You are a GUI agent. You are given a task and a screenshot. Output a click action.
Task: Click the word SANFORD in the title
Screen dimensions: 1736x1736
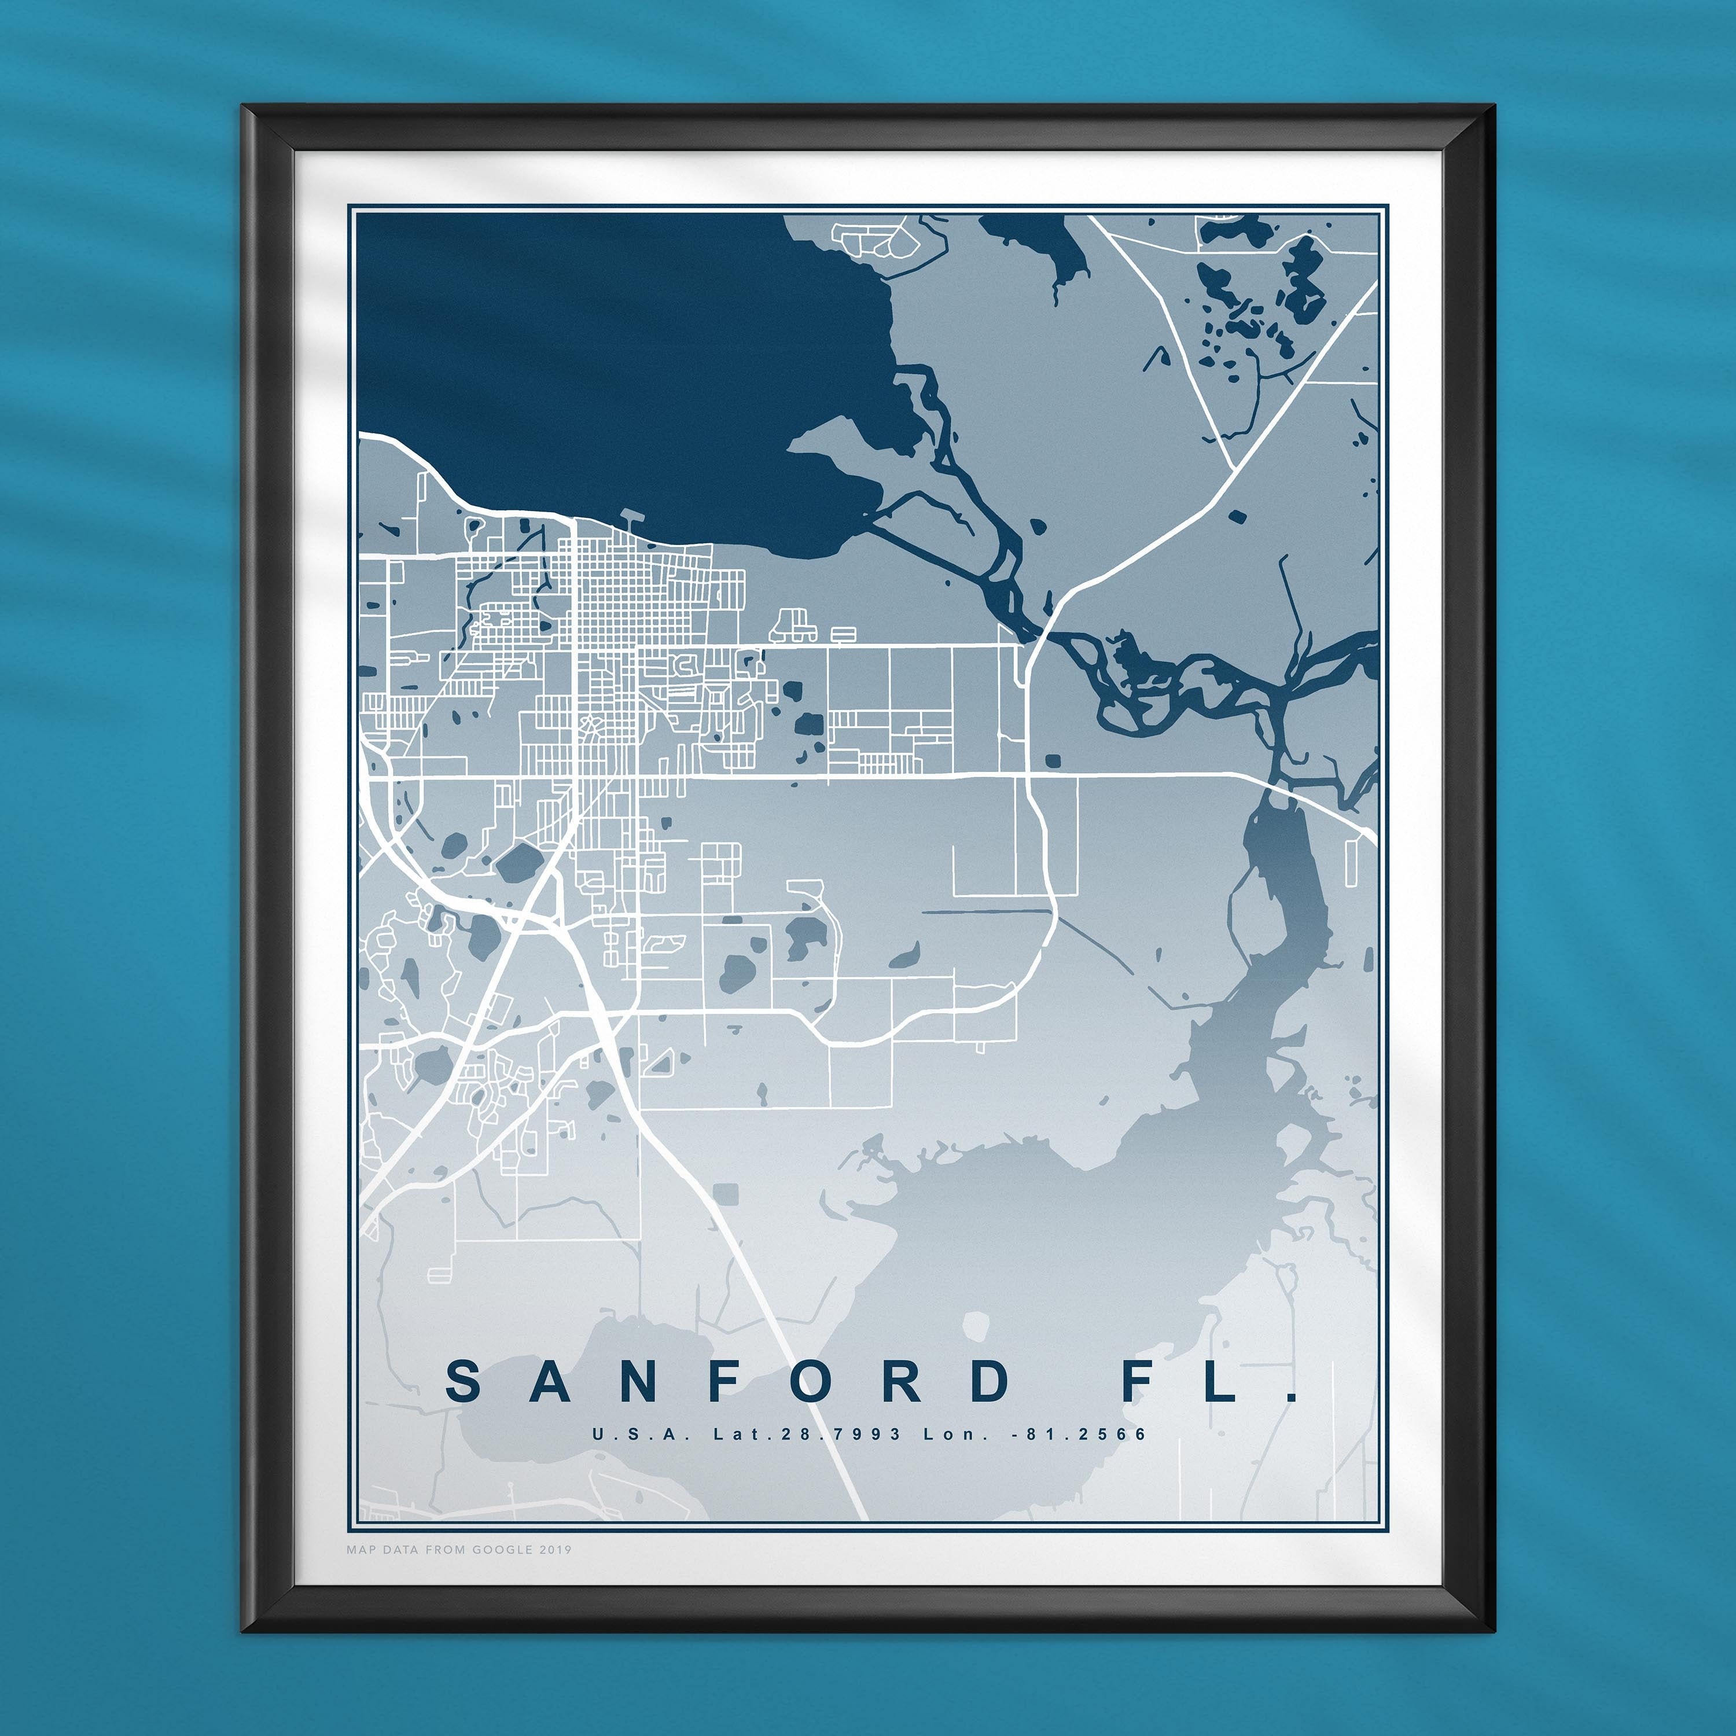tap(728, 1382)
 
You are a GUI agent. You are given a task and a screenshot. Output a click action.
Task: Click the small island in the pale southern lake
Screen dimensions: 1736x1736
tap(976, 1325)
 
